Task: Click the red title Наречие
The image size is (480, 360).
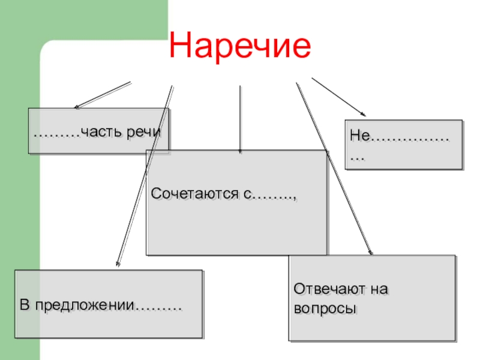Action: [241, 46]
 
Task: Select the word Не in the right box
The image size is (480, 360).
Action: [359, 138]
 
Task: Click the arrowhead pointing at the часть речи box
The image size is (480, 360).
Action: [76, 108]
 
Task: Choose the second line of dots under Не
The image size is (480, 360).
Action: [357, 158]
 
